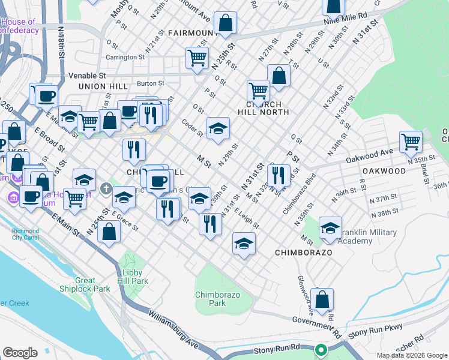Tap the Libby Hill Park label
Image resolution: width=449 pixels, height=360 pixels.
coord(131,277)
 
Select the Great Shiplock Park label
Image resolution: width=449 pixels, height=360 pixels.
coord(93,284)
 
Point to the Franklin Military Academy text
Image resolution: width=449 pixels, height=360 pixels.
coord(370,236)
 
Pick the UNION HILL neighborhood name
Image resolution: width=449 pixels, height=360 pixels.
coord(103,86)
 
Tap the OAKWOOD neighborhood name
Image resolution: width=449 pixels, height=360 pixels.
coord(384,171)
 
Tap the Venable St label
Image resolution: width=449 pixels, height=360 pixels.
coord(87,76)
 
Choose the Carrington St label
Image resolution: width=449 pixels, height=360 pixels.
coord(126,58)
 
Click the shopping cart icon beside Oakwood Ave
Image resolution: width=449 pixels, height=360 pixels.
coord(411,142)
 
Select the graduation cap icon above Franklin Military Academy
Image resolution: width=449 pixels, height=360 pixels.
coord(330,228)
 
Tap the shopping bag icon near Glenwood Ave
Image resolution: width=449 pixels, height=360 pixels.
coord(322,299)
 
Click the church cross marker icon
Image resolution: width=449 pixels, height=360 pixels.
coord(106,190)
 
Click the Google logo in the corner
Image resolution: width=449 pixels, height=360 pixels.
coord(20,353)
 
